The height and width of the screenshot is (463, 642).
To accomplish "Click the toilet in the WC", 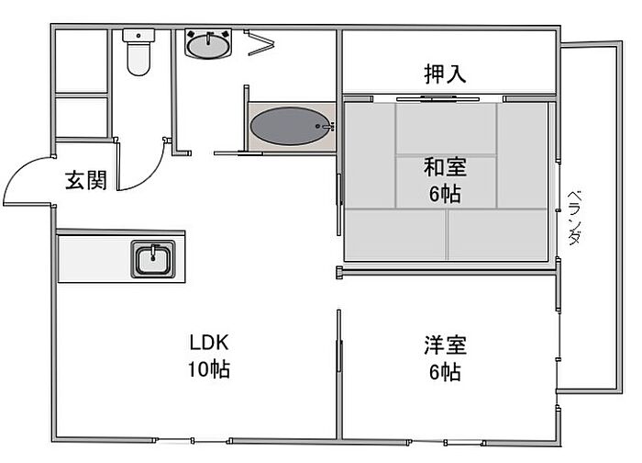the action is pos(138,52).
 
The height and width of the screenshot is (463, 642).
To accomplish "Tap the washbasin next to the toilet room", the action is pos(208,43).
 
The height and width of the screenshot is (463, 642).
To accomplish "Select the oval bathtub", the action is pos(291,126).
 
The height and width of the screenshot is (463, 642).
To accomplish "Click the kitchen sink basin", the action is pos(153,259).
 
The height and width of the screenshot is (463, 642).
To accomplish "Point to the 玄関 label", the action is pos(86,180).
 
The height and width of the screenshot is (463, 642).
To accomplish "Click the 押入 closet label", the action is pos(445,73).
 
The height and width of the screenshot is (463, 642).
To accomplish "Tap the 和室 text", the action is pos(445,167).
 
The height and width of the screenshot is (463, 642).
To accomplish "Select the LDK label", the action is pos(209,343).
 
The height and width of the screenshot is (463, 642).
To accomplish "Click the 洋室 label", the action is pos(445,344).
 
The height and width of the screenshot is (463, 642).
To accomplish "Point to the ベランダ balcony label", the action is pos(574,218).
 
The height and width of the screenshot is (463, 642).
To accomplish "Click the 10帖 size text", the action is pos(209,369).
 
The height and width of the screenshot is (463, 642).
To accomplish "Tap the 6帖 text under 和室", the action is pos(445,194).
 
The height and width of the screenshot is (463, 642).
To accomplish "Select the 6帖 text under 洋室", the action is pos(445,372).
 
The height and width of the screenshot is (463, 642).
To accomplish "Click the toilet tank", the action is pos(138,35).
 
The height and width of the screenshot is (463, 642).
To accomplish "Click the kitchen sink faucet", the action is pos(153,252).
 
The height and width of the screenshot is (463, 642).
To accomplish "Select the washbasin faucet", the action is pos(208,38).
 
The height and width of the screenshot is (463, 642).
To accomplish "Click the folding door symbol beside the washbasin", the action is pos(259,42).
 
